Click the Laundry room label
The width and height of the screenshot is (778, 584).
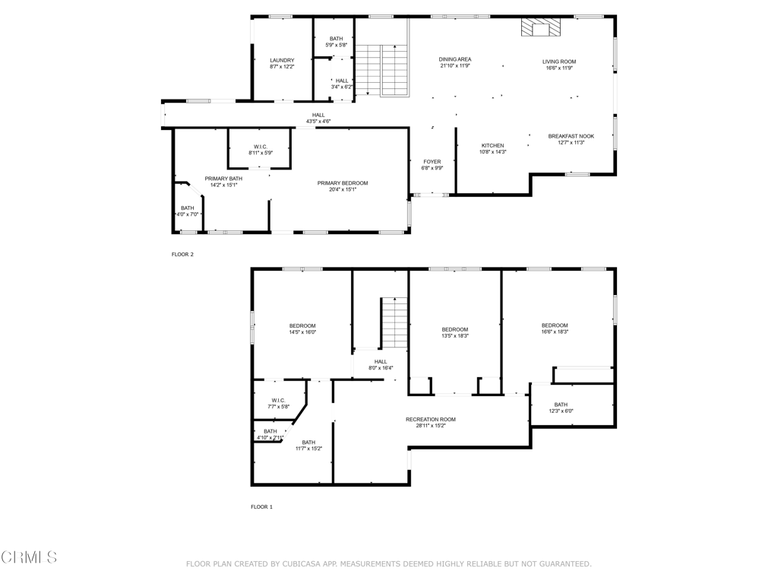282,60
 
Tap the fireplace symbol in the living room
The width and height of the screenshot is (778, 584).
539,29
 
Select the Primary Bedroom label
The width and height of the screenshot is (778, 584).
343,183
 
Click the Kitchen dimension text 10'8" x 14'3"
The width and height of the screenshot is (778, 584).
492,152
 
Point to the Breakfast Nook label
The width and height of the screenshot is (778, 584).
571,136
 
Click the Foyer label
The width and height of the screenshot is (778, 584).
432,161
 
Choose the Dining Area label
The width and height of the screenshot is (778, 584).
455,59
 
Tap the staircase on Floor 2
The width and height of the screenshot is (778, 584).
382,70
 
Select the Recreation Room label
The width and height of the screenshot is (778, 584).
431,419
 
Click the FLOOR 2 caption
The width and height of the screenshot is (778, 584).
182,254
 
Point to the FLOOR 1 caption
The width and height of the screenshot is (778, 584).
261,506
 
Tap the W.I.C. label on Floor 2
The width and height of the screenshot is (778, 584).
260,147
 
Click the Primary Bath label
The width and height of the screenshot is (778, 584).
223,178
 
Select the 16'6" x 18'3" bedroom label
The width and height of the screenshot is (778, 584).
555,325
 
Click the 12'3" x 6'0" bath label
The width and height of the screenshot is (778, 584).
561,405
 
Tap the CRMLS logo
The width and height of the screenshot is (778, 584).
29,557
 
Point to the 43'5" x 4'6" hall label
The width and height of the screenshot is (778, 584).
318,115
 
